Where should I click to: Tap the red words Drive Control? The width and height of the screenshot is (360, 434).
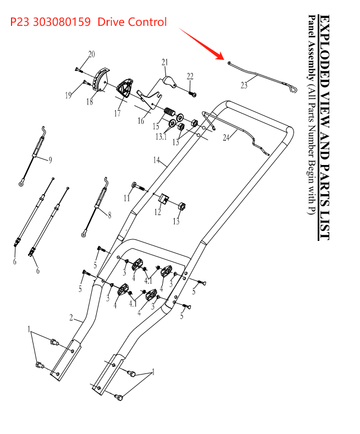tap(131, 23)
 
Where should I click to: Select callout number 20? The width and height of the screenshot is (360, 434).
tap(92, 54)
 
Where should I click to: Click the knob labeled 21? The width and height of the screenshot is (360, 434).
tap(169, 81)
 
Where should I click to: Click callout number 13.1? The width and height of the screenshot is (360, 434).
tap(160, 137)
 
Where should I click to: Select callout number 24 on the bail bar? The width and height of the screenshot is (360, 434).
tap(226, 138)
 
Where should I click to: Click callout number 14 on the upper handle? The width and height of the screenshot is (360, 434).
tap(157, 160)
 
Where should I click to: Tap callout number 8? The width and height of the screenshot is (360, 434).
tap(109, 216)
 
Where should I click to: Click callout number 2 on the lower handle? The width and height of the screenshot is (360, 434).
tap(71, 317)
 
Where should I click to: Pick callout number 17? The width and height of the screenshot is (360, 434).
tap(117, 114)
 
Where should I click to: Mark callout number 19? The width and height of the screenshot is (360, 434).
tap(68, 95)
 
